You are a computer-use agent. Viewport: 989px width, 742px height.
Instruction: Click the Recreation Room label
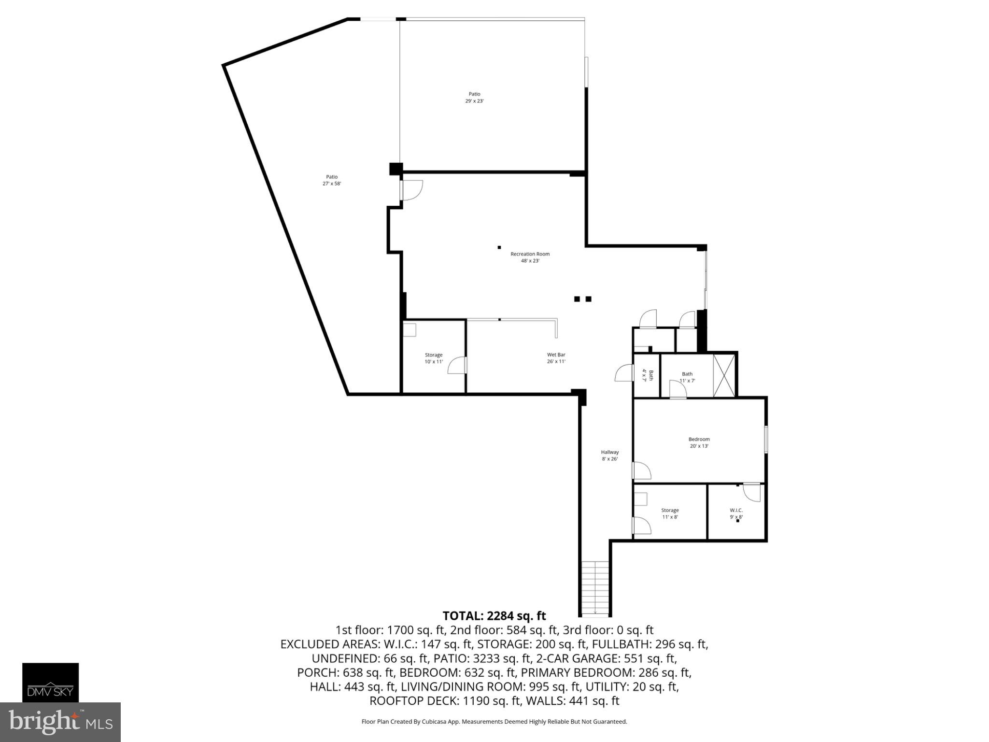[530, 257]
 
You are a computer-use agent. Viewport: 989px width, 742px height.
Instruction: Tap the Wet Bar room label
[556, 358]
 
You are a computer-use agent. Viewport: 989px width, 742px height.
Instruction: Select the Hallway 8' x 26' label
[609, 456]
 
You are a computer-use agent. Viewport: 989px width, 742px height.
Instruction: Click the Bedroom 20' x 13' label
[699, 442]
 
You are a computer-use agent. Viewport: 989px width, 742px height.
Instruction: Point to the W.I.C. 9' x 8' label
[736, 514]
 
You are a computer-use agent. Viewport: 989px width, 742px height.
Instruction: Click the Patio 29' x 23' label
[474, 98]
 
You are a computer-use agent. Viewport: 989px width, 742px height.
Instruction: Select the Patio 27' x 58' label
[332, 180]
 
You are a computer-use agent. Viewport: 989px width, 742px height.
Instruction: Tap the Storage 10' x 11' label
[433, 358]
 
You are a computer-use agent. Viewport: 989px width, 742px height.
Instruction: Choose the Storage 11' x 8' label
[669, 514]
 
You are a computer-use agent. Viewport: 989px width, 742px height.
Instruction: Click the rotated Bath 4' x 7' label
[647, 375]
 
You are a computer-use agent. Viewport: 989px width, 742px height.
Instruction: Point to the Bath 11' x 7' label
[687, 377]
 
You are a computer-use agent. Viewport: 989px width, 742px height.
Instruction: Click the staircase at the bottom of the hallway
[595, 588]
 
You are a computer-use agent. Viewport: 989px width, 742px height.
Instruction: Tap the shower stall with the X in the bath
[724, 375]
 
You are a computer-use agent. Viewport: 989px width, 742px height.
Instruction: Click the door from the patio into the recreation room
[411, 190]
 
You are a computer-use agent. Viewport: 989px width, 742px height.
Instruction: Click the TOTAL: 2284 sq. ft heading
[494, 616]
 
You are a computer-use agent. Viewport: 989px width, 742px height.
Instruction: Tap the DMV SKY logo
[50, 682]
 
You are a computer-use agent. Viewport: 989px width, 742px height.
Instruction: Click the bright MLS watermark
[60, 722]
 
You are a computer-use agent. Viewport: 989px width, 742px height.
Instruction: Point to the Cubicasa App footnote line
[494, 722]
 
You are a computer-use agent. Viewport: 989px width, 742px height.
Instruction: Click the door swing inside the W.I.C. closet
[752, 492]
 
